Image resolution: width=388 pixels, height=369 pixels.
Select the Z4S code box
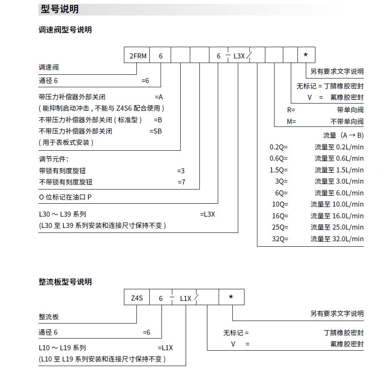137,298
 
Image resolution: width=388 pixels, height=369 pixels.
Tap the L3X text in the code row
239,56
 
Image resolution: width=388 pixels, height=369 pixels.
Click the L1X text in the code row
186,298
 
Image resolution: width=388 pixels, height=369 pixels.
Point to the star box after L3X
306,56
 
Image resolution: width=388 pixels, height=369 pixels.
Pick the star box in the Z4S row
231,297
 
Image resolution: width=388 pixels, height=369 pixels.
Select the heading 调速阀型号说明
65,30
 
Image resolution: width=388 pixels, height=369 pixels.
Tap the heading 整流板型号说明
65,282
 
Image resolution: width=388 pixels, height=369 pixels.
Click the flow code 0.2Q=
279,147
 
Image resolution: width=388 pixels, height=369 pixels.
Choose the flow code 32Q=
280,239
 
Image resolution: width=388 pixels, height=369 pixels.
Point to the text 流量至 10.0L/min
337,205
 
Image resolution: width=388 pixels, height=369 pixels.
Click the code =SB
156,131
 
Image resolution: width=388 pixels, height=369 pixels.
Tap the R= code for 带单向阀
291,110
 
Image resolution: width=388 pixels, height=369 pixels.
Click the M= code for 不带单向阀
291,121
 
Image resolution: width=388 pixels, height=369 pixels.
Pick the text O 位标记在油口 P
65,197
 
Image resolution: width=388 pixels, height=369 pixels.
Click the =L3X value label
207,215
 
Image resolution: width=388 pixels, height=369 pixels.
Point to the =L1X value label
165,348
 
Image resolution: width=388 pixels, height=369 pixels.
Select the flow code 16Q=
280,216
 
